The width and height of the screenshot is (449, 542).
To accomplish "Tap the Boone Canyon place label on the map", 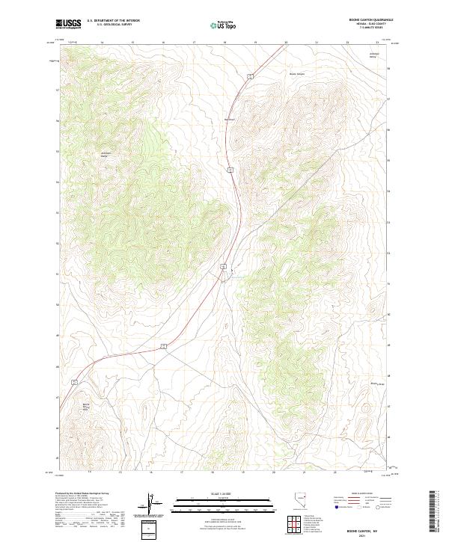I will pos(297,74).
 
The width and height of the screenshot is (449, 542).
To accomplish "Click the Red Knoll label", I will pos(230,119).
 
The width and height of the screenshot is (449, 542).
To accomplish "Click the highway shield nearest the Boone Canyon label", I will pos(252,76).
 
